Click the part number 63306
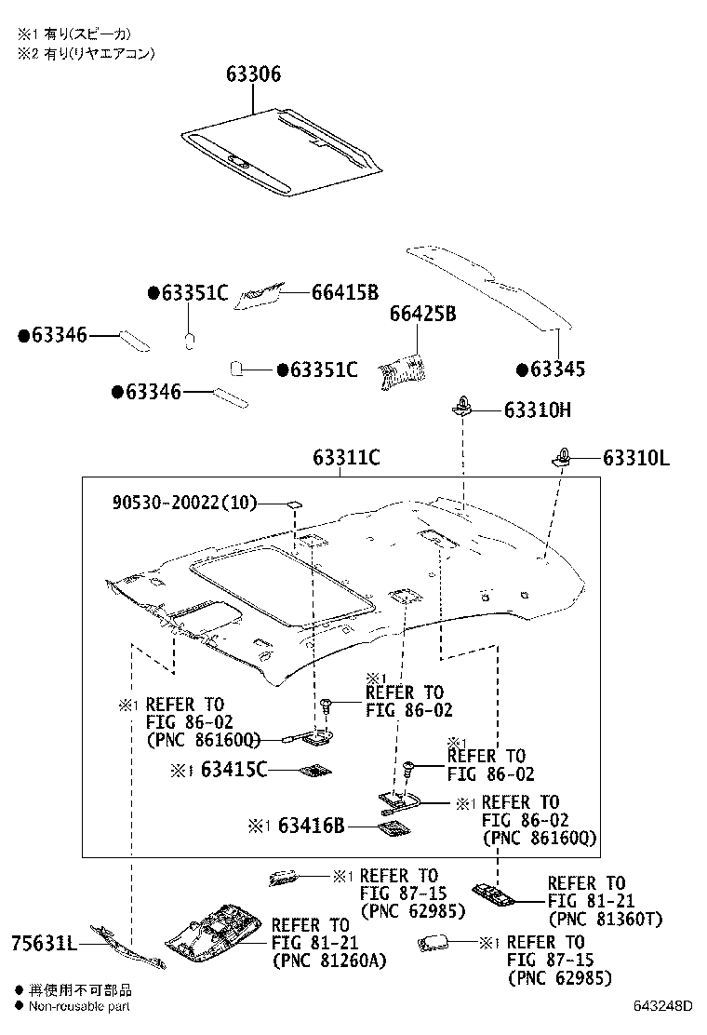(252, 75)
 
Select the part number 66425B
(422, 315)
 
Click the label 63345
(558, 370)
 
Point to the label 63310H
(538, 410)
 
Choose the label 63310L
(636, 458)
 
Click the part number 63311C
(346, 458)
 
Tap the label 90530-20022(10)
(184, 503)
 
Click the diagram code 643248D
(664, 1005)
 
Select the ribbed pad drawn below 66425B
(399, 369)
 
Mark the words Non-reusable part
(79, 1005)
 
